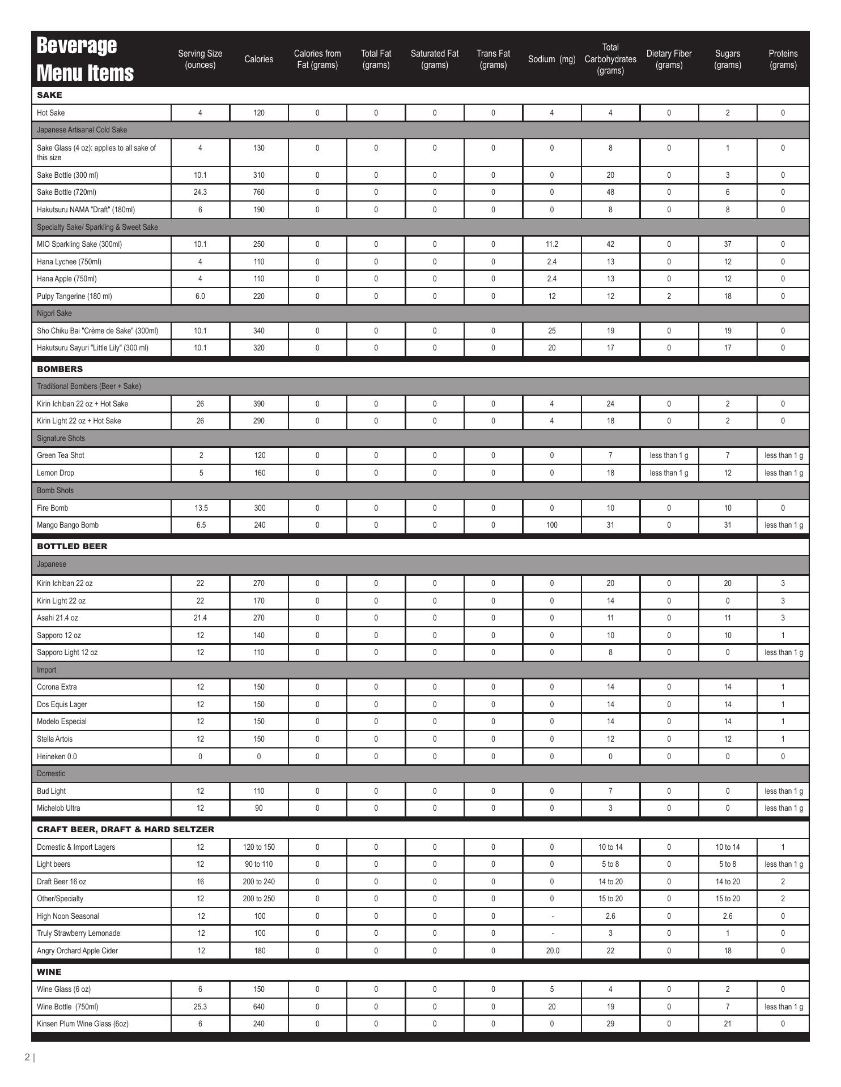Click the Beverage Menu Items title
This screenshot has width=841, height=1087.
click(x=85, y=59)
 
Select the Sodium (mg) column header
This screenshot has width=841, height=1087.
click(x=551, y=59)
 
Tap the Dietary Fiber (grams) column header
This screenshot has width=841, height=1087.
click(x=669, y=59)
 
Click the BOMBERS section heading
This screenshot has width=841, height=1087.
click(x=60, y=369)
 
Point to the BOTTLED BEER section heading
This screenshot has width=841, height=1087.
click(x=72, y=546)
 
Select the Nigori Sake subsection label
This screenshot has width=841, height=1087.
click(x=54, y=313)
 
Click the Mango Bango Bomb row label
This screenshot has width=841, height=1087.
click(x=67, y=525)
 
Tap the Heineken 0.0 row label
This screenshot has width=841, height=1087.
click(x=57, y=756)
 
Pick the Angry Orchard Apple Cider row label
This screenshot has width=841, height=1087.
click(x=77, y=951)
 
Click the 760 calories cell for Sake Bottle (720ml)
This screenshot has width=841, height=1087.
click(x=259, y=192)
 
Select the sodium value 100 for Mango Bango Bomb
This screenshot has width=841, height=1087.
click(x=551, y=525)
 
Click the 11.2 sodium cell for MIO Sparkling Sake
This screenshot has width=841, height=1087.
click(x=551, y=244)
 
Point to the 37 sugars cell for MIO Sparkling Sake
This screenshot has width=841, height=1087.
click(x=727, y=244)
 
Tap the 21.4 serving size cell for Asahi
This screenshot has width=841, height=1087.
click(x=200, y=618)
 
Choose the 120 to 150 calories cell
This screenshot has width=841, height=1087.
click(x=259, y=847)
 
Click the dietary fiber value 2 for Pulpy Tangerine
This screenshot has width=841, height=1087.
click(x=669, y=296)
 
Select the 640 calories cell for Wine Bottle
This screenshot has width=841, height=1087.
click(x=259, y=1007)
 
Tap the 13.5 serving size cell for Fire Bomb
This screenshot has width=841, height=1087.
click(x=201, y=508)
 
